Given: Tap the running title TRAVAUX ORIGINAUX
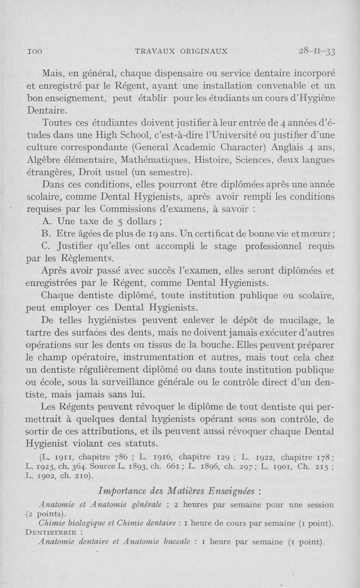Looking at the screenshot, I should click(x=181, y=51).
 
